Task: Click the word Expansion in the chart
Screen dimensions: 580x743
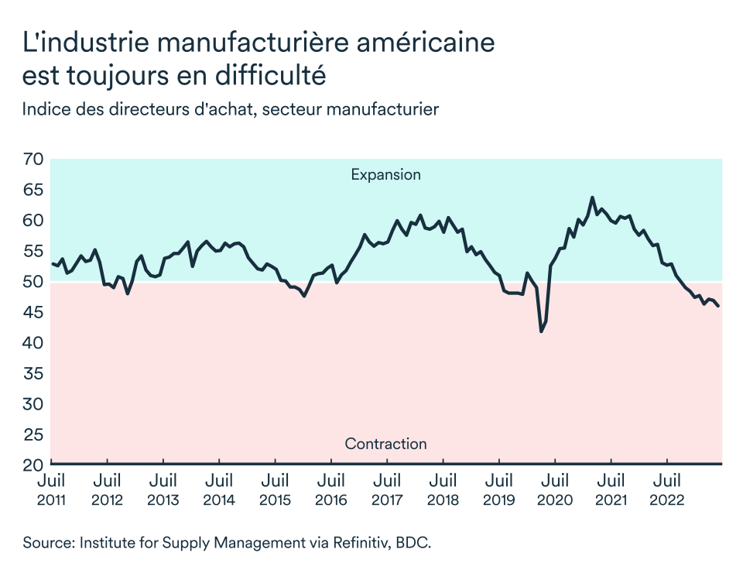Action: (x=385, y=174)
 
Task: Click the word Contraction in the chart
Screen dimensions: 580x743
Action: (x=385, y=444)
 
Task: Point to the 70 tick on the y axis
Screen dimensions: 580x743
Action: (x=33, y=160)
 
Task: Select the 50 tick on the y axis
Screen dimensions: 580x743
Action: (x=33, y=282)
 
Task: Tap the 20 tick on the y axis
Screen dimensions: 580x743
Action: (x=33, y=465)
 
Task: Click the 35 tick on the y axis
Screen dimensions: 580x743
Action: (x=33, y=374)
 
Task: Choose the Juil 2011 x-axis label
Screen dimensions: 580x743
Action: (x=51, y=489)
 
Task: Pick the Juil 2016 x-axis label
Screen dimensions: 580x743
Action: (x=331, y=489)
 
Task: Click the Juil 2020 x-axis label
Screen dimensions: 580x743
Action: (x=556, y=489)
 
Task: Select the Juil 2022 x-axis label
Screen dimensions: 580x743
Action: (x=668, y=489)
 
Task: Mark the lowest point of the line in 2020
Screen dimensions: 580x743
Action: (x=541, y=331)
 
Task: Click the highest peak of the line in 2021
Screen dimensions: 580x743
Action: (x=592, y=197)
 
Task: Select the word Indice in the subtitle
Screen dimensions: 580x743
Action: (x=46, y=109)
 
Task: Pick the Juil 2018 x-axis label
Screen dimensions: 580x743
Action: (x=443, y=489)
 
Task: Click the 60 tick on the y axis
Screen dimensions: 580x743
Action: (x=33, y=221)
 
